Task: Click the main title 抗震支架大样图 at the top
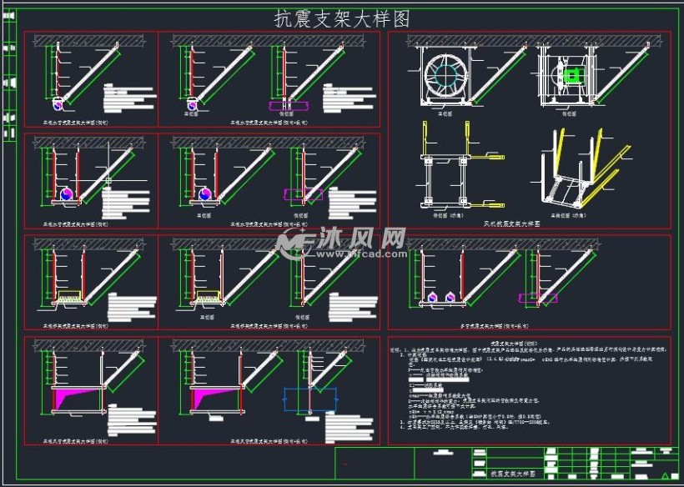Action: coord(342,18)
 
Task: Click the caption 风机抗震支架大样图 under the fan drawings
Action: coord(511,223)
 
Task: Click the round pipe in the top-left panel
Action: coord(58,103)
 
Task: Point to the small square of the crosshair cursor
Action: coord(108,180)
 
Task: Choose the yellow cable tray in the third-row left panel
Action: coord(68,295)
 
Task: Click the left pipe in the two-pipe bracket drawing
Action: coord(433,297)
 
